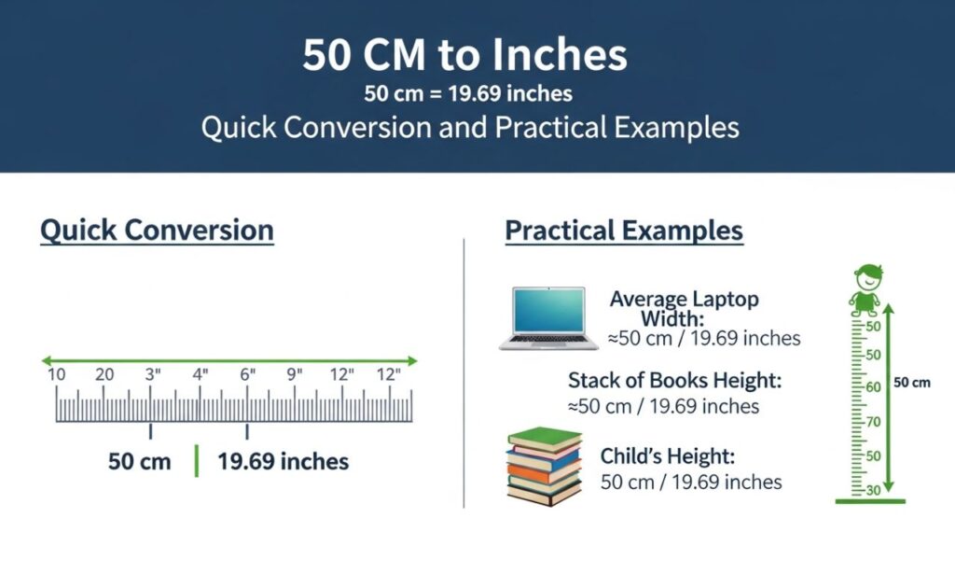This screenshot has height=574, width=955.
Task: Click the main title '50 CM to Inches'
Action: (x=464, y=55)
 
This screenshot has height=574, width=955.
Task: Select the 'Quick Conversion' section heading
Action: (x=157, y=230)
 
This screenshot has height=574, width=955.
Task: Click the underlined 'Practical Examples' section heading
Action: (x=624, y=231)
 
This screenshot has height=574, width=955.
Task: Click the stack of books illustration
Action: (x=544, y=467)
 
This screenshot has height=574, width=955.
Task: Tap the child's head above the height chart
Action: (x=869, y=276)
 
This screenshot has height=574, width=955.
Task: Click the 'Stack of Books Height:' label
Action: (x=674, y=380)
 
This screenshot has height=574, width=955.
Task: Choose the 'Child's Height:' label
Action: (x=668, y=456)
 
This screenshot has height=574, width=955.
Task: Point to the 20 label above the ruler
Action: (x=104, y=375)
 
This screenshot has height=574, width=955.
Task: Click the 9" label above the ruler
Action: (x=296, y=375)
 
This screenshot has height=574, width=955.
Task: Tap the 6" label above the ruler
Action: (x=247, y=375)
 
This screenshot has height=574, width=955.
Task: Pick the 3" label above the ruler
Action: (x=152, y=375)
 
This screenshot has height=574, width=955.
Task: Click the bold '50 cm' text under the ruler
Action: (x=140, y=461)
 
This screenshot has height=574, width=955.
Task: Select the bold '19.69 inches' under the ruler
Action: (x=283, y=461)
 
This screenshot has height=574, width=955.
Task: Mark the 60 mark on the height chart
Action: (x=873, y=387)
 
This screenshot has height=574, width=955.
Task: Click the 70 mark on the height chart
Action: (x=873, y=422)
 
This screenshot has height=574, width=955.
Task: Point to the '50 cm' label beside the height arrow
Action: (x=912, y=382)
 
